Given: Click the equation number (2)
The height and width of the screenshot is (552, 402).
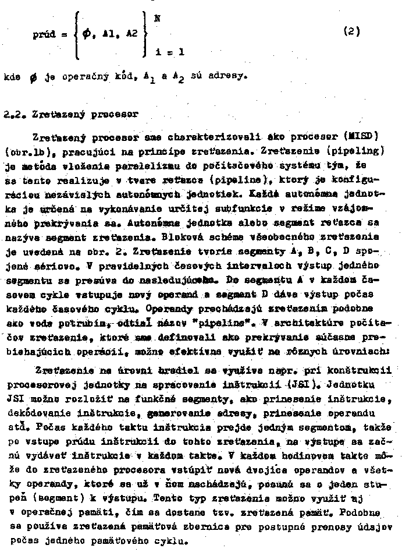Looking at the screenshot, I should pos(353,32).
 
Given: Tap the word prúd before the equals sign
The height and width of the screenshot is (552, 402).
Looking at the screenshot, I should pos(44,34).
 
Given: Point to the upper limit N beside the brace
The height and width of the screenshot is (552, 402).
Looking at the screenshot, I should pos(157,18).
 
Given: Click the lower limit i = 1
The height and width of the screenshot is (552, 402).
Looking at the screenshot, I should pos(170,52).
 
